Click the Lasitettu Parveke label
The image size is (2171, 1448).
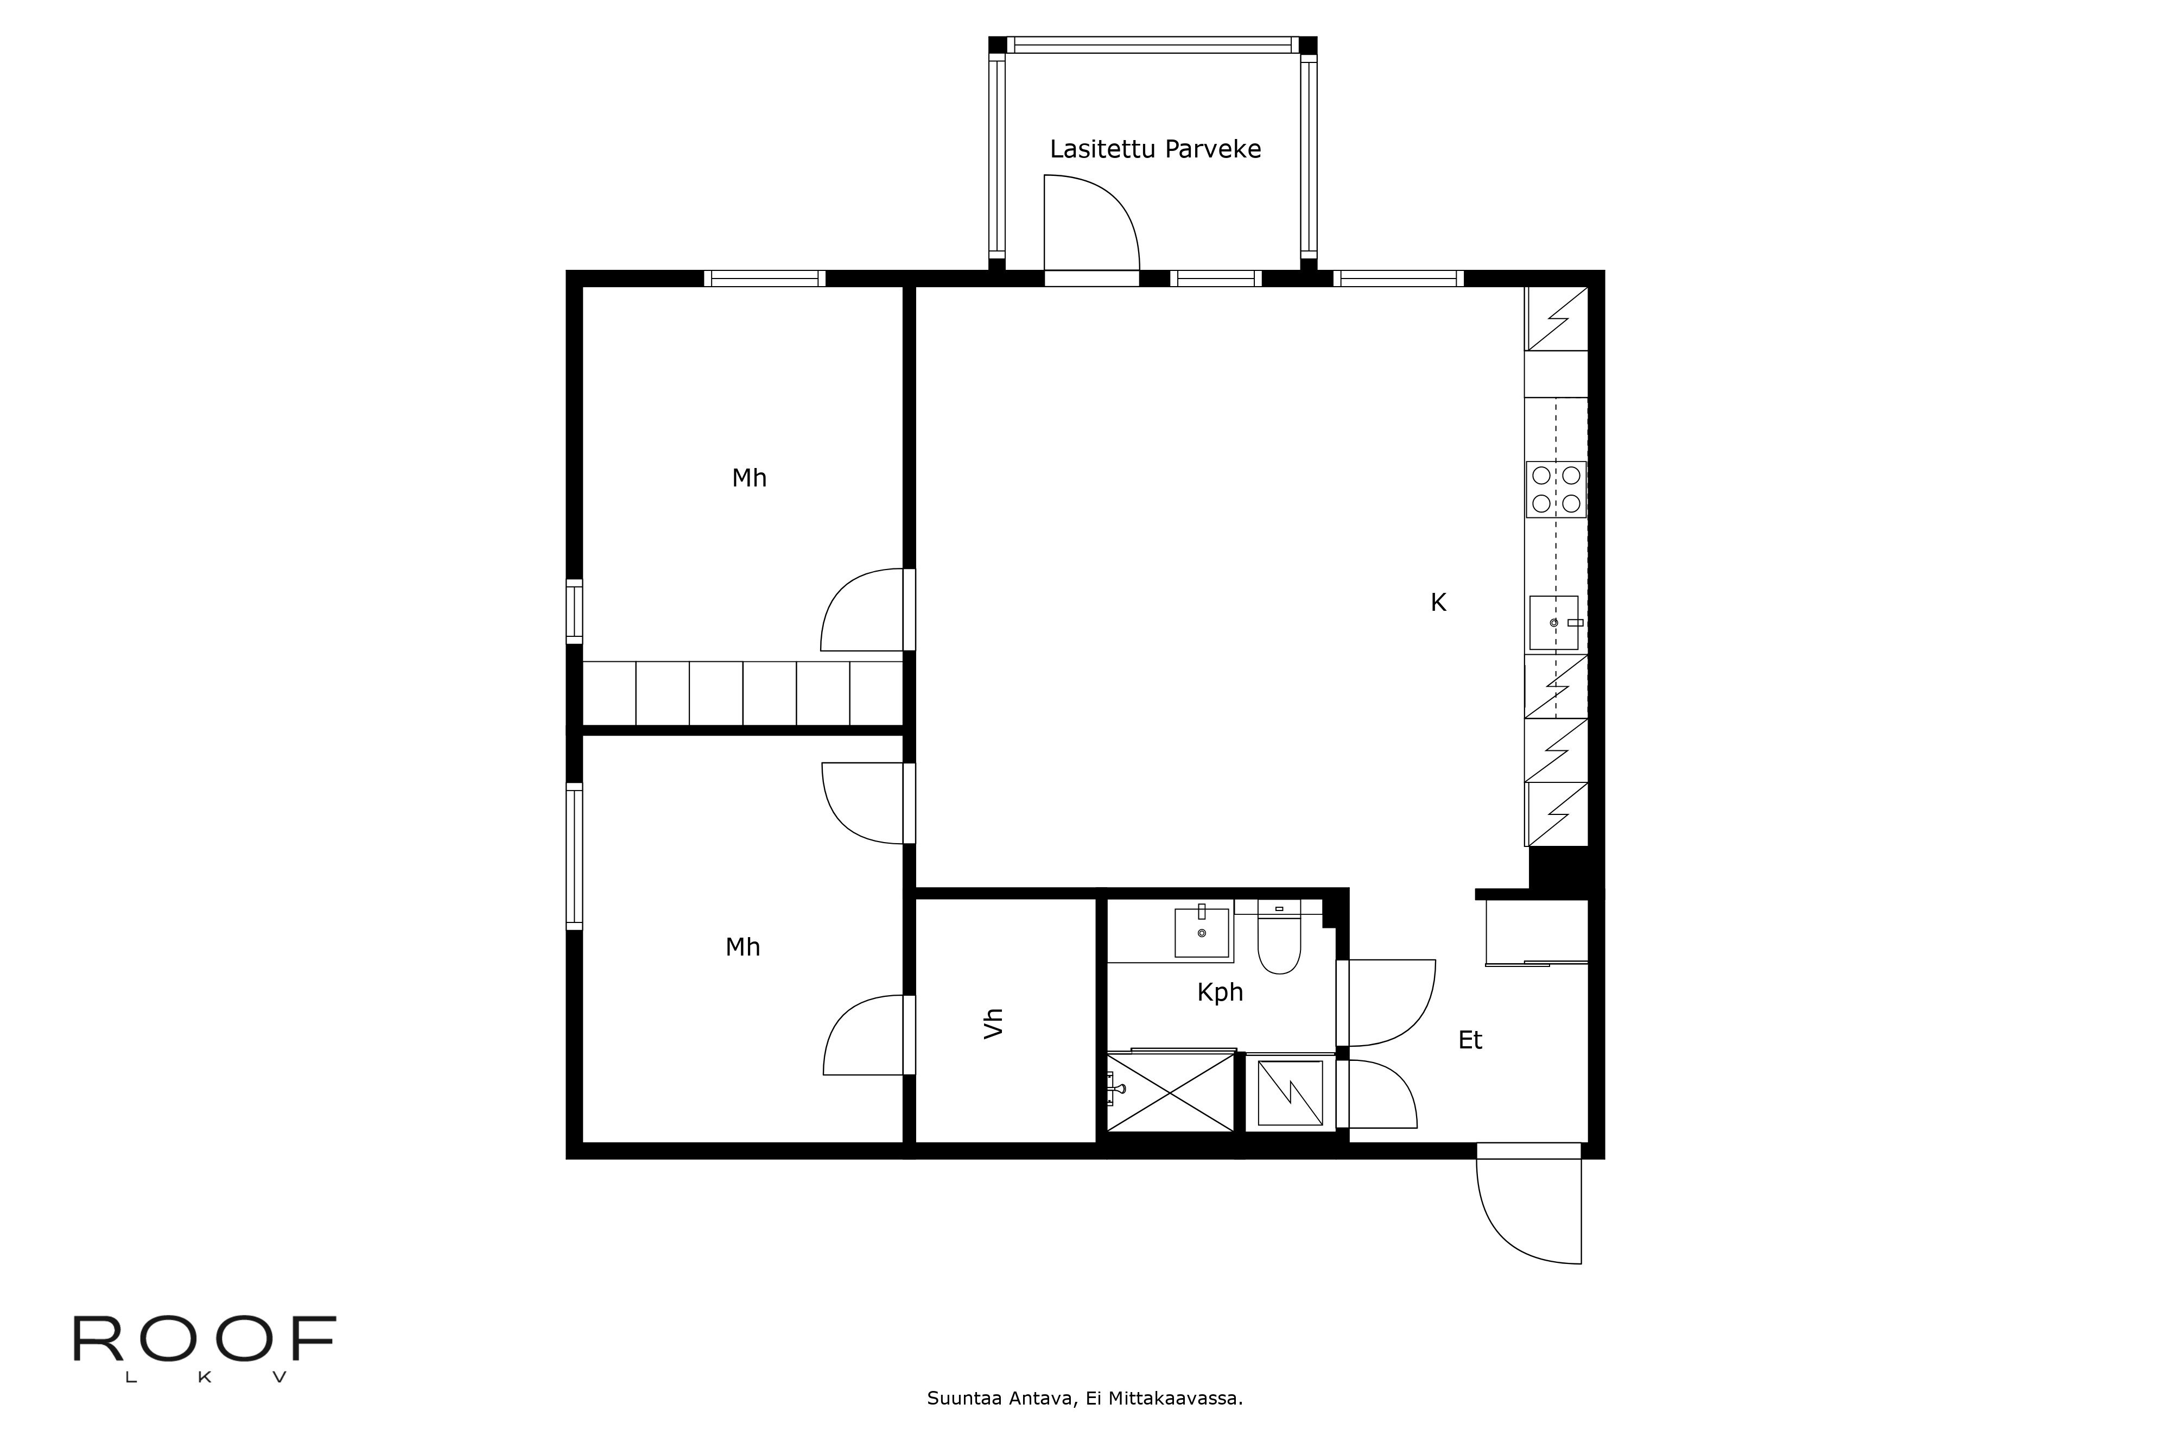pos(1155,149)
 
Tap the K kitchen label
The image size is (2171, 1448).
pos(1438,602)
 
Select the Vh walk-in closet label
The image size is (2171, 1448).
pos(993,1023)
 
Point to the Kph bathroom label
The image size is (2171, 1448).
pos(1220,992)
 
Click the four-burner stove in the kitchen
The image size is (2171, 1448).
pos(1556,489)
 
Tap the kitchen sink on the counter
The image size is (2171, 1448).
pos(1554,622)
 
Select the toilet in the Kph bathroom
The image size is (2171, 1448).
pos(1279,937)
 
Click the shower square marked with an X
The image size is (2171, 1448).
pos(1170,1092)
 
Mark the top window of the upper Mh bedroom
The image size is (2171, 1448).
pos(764,278)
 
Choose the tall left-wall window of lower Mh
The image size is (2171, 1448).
pos(574,855)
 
